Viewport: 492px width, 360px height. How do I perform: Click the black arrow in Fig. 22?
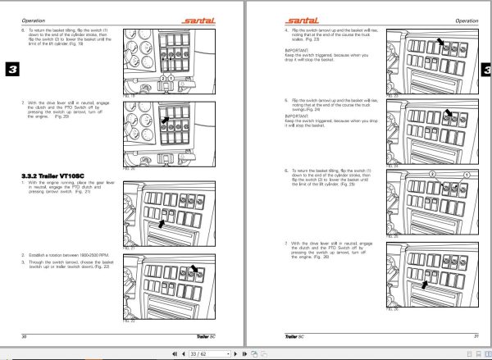tap(194, 268)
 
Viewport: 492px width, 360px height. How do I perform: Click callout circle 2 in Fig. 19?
tap(164, 78)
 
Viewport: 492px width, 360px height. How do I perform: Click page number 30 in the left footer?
tap(25, 337)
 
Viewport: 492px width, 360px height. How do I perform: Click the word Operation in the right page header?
tap(466, 18)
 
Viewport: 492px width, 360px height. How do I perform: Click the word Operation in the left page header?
tap(32, 18)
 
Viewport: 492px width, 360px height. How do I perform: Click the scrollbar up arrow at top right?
tap(488, 4)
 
